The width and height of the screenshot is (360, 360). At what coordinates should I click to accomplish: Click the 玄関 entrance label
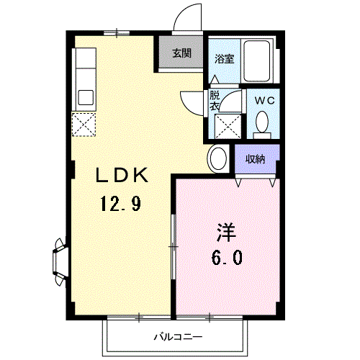point(181,53)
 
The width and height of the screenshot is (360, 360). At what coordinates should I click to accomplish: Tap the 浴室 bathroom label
point(224,59)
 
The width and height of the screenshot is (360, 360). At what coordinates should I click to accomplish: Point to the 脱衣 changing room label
point(215,99)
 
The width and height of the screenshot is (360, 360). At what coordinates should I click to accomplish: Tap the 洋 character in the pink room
point(226,233)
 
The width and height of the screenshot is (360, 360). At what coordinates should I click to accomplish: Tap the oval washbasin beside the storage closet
point(218,158)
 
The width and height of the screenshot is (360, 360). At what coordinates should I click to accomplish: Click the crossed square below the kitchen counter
point(83,125)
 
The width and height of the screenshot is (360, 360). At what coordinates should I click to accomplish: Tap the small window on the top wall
point(116,31)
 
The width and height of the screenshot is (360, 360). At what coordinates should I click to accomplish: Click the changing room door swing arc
point(190,102)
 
